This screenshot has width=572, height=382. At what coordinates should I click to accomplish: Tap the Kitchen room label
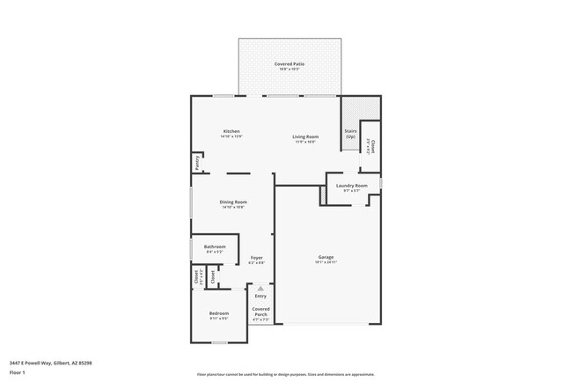[x=231, y=131]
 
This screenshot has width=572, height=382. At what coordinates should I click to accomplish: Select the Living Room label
[x=305, y=136]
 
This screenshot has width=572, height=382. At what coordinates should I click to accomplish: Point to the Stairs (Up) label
[x=351, y=133]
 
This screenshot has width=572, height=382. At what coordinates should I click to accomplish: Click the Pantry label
[x=195, y=163]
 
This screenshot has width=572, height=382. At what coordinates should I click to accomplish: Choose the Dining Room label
[x=233, y=202]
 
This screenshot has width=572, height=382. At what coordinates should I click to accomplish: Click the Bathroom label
[x=215, y=246]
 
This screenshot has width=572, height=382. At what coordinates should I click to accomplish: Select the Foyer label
[x=256, y=257]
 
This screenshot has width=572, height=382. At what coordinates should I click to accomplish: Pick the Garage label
[x=326, y=257]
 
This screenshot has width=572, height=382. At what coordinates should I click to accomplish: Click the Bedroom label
[x=218, y=313]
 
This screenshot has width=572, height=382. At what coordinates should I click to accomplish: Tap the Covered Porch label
[x=260, y=312]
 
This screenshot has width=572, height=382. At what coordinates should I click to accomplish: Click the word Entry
[x=260, y=296]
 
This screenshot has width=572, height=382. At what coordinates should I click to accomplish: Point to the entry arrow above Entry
[x=260, y=287]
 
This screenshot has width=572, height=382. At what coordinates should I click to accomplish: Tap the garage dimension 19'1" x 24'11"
[x=326, y=262]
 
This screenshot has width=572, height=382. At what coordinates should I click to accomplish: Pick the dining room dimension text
[x=233, y=207]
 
